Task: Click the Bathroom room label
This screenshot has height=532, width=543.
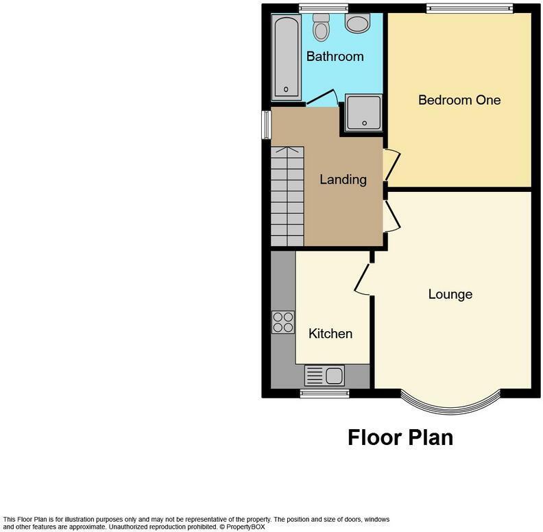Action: (x=335, y=56)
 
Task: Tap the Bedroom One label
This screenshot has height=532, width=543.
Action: (x=459, y=100)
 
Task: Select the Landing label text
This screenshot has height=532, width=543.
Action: (x=343, y=180)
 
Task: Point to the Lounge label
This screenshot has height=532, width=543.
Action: (x=450, y=294)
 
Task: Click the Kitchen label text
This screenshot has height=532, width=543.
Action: (x=330, y=334)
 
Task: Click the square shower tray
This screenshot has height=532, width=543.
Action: (x=363, y=112)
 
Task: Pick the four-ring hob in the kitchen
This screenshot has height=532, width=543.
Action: (x=282, y=322)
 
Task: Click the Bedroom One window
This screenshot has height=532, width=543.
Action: (x=469, y=8)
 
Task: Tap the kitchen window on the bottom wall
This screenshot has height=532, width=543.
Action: (x=325, y=394)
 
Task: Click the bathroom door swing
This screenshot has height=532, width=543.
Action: (x=322, y=101)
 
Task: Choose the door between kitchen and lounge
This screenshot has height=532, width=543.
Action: (x=361, y=280)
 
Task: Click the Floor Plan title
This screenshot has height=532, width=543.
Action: (x=400, y=437)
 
